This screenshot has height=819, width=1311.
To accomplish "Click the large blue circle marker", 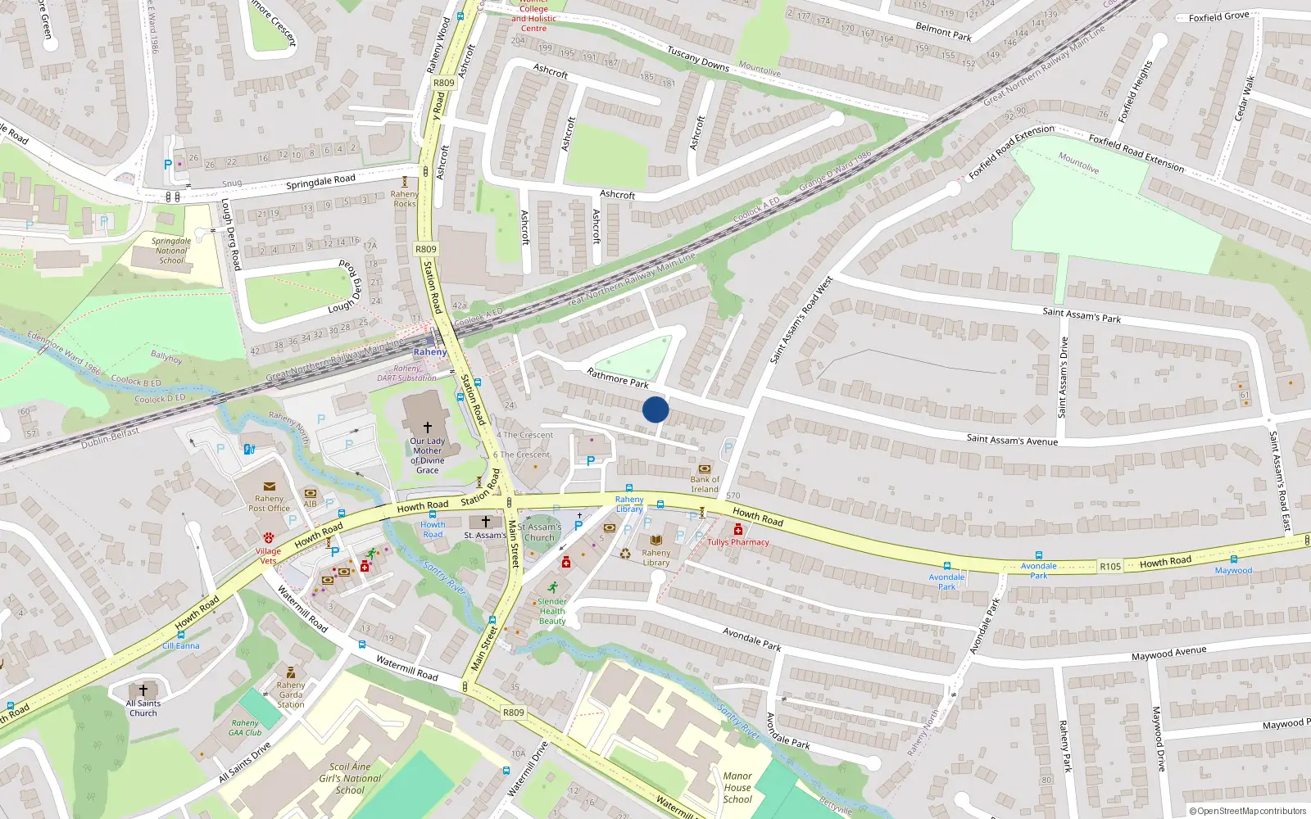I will pyautogui.click(x=655, y=409).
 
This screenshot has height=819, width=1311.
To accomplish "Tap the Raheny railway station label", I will pyautogui.click(x=430, y=352).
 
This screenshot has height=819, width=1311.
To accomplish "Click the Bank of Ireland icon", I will pyautogui.click(x=705, y=469).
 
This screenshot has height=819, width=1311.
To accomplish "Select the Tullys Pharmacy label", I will pyautogui.click(x=738, y=542).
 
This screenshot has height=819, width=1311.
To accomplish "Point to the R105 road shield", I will pyautogui.click(x=1110, y=567).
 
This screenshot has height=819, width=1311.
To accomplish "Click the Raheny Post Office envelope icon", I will pyautogui.click(x=270, y=486).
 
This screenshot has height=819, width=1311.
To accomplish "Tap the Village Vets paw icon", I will pyautogui.click(x=268, y=539).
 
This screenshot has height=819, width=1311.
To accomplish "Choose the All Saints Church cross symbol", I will pyautogui.click(x=143, y=690).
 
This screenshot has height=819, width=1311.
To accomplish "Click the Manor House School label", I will pyautogui.click(x=737, y=788).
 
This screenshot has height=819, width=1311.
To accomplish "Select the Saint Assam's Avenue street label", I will pyautogui.click(x=1012, y=441).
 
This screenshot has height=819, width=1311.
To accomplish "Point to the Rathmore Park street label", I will pyautogui.click(x=618, y=378).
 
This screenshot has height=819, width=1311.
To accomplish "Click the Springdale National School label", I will pyautogui.click(x=171, y=251).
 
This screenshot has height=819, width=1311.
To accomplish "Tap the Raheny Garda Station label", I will pyautogui.click(x=291, y=695).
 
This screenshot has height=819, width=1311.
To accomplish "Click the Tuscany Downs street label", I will pyautogui.click(x=697, y=58).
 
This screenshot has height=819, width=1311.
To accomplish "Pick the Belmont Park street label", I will pyautogui.click(x=943, y=31).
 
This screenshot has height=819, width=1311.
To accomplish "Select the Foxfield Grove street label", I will pyautogui.click(x=1218, y=16).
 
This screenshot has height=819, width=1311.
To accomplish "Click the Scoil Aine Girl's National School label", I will pyautogui.click(x=350, y=778).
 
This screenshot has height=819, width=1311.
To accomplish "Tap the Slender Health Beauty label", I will pyautogui.click(x=552, y=611).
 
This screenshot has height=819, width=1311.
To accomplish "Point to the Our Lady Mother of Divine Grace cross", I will pyautogui.click(x=427, y=428).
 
